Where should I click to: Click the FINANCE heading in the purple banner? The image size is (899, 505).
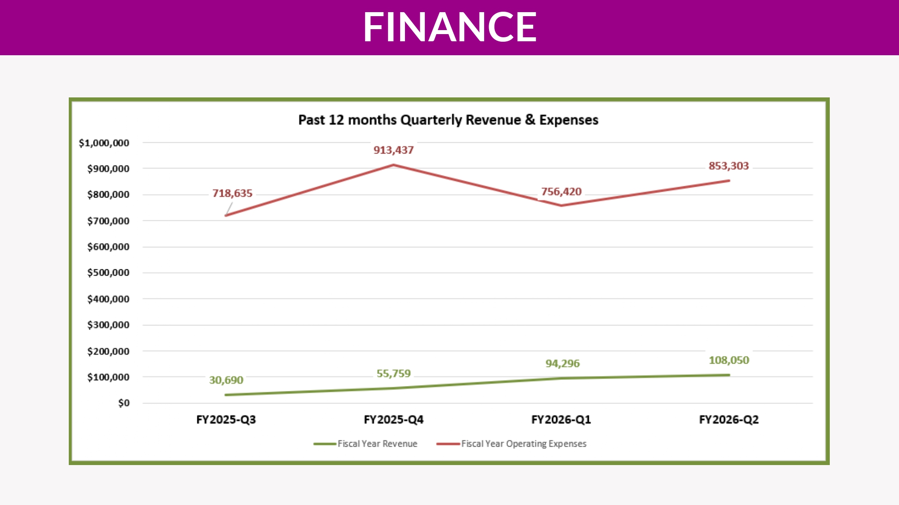click(x=449, y=27)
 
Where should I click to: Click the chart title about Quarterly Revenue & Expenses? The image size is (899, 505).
click(x=448, y=120)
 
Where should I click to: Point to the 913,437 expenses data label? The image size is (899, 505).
click(x=393, y=150)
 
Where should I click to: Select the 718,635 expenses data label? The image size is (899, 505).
click(x=232, y=193)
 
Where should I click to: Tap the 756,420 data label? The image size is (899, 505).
click(x=561, y=192)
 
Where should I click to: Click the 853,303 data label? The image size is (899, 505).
click(x=729, y=166)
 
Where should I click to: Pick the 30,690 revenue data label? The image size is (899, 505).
click(x=226, y=380)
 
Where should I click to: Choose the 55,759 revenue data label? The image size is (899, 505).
click(x=393, y=373)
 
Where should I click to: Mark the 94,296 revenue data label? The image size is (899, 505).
click(x=562, y=363)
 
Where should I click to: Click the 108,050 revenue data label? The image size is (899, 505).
click(x=729, y=360)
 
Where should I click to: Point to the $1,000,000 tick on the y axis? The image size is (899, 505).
click(x=104, y=143)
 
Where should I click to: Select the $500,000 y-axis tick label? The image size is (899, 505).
click(x=108, y=272)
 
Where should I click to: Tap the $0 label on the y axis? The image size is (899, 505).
click(x=124, y=403)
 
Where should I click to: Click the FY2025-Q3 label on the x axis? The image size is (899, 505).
click(x=226, y=420)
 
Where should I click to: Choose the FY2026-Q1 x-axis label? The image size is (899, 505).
click(x=561, y=420)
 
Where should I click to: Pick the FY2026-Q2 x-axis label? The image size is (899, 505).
click(x=729, y=420)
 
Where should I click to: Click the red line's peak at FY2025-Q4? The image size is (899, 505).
click(x=393, y=165)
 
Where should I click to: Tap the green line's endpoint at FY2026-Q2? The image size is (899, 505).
click(x=729, y=375)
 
